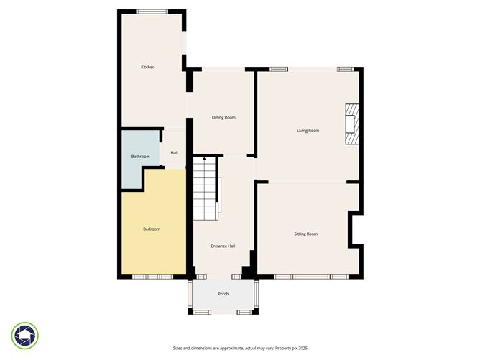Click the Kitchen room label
[x=148, y=68]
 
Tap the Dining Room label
[x=223, y=117]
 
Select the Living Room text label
[x=308, y=131]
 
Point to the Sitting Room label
[x=305, y=234]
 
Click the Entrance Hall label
[x=222, y=246]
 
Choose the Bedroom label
[x=151, y=229]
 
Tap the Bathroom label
[x=140, y=157]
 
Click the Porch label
[x=223, y=295]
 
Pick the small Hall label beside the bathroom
[x=174, y=152]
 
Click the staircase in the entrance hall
[x=204, y=190]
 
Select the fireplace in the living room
[x=351, y=124]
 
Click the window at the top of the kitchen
[x=152, y=11]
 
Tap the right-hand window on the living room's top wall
[x=346, y=69]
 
